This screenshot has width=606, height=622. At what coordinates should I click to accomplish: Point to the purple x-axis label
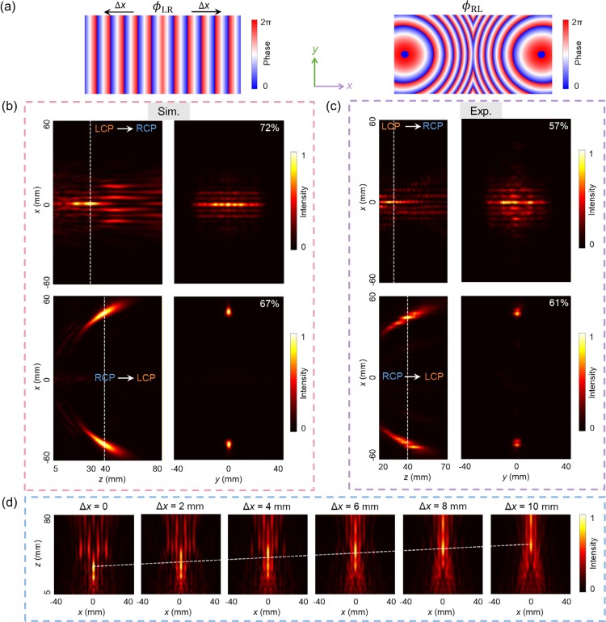[x=349, y=85]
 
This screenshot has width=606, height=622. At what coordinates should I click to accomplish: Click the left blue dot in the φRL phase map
[x=406, y=55]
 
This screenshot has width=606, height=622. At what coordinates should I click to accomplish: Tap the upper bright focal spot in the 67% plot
[x=229, y=312]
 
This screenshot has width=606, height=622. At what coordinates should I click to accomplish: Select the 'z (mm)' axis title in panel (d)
[x=39, y=556]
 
